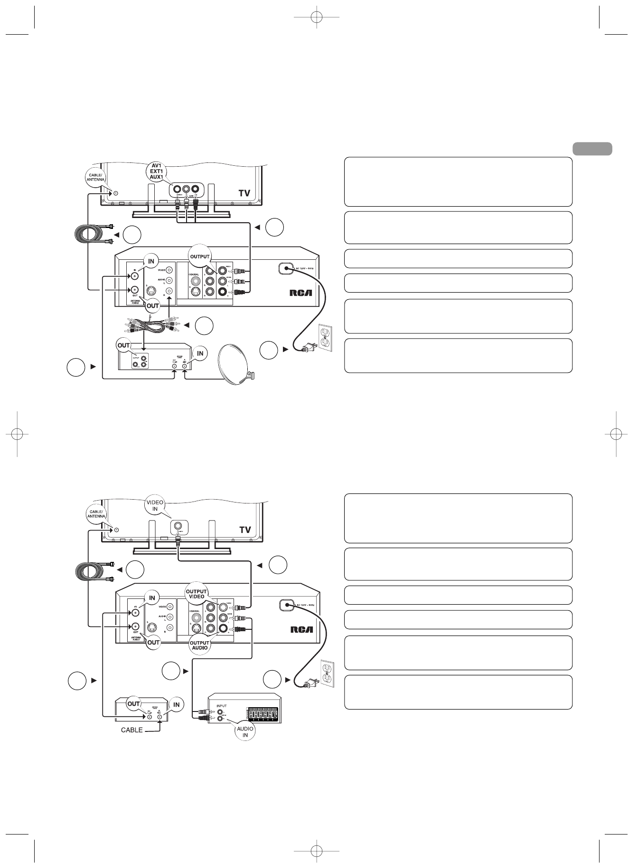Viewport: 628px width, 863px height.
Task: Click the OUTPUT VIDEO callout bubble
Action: pyautogui.click(x=196, y=594)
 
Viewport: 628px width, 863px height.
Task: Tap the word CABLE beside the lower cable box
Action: pyautogui.click(x=132, y=730)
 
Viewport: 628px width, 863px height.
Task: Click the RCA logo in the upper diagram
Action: pyautogui.click(x=301, y=293)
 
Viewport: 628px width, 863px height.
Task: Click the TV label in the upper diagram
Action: pyautogui.click(x=245, y=193)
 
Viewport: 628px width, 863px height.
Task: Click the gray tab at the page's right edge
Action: pyautogui.click(x=592, y=149)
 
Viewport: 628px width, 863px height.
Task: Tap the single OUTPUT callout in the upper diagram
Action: pyautogui.click(x=200, y=257)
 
